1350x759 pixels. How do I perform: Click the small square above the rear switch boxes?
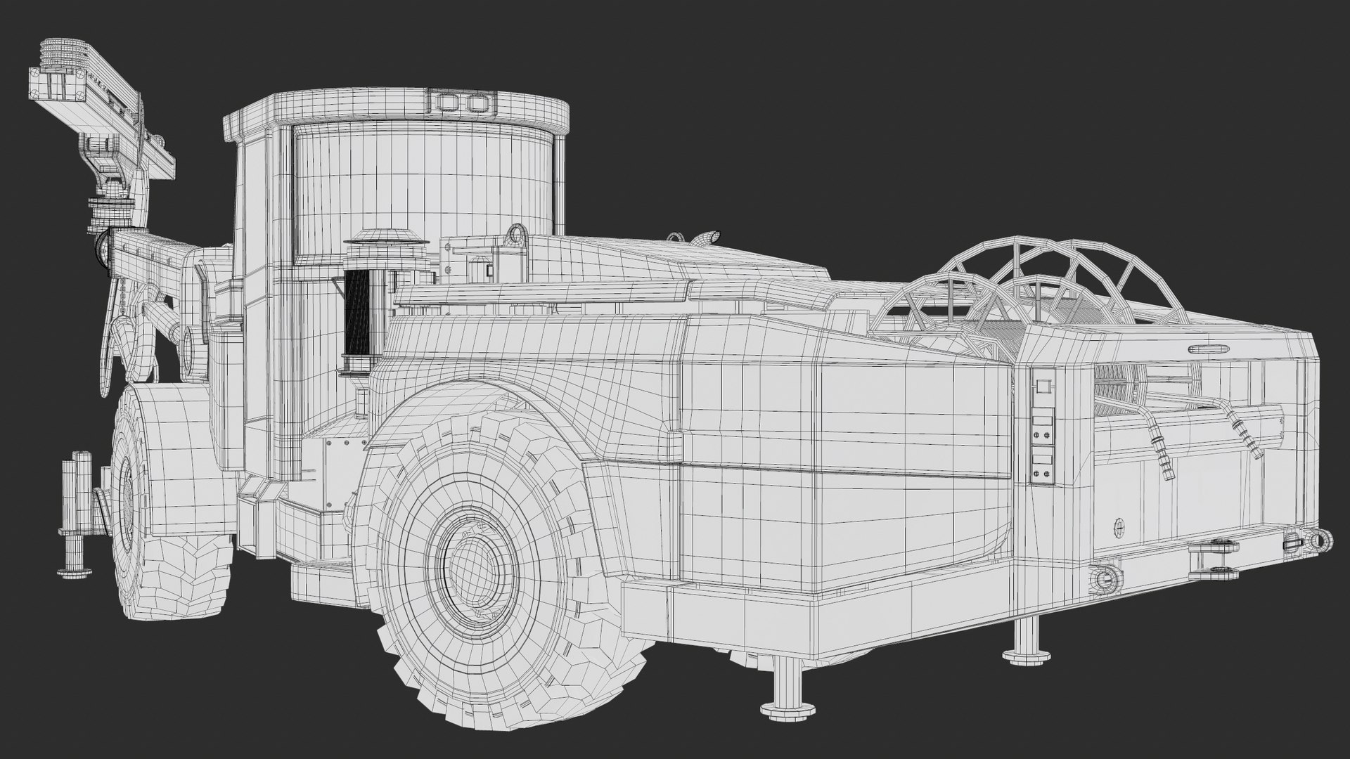pyautogui.click(x=1042, y=386)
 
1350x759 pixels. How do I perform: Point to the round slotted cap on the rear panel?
pyautogui.click(x=1119, y=526)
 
